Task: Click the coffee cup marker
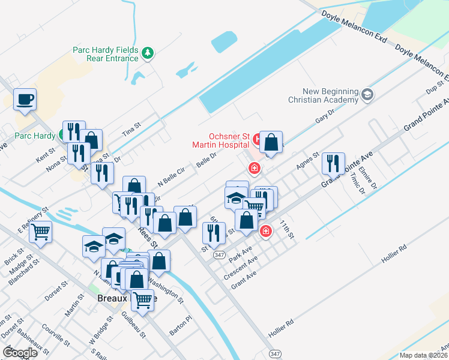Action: tap(25, 100)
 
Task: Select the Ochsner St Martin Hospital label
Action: tap(220, 140)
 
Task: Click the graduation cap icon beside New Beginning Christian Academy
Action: tap(367, 94)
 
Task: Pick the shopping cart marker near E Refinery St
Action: tap(40, 231)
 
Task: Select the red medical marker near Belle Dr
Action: tap(255, 168)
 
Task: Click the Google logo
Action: tap(20, 353)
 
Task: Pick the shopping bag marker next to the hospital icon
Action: tap(271, 143)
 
